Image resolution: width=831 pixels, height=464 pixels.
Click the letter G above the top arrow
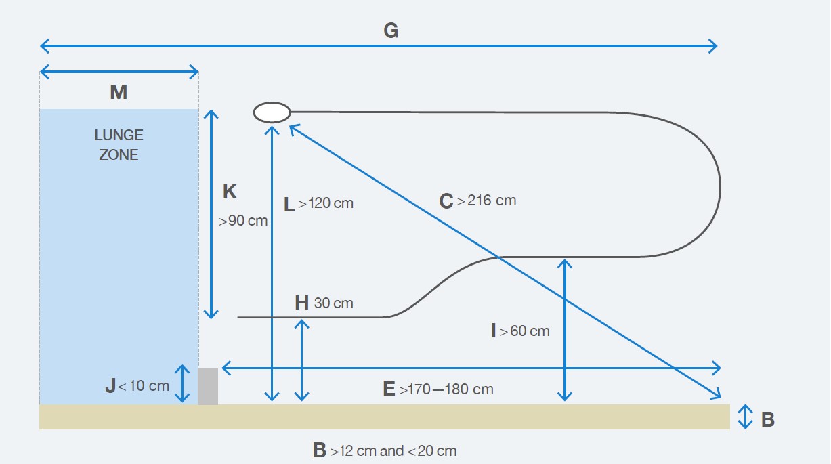(x=391, y=31)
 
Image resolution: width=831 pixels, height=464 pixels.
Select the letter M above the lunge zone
(x=119, y=92)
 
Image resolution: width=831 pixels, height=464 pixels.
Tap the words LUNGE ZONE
(x=119, y=145)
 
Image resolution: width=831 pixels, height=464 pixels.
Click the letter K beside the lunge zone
(x=230, y=192)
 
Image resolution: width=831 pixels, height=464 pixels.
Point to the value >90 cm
(x=243, y=220)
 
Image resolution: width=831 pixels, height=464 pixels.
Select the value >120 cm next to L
(x=326, y=203)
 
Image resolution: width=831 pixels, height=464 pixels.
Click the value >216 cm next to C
(x=486, y=201)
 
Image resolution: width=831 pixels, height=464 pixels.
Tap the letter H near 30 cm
(x=302, y=303)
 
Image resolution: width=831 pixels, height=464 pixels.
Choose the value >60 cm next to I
(x=525, y=331)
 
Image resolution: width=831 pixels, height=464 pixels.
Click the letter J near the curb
(x=110, y=386)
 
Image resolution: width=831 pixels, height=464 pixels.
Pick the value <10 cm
(x=144, y=386)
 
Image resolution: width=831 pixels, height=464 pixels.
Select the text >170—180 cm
(x=446, y=389)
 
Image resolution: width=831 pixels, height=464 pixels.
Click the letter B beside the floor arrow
(x=767, y=420)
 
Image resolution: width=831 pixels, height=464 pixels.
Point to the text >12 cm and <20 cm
(x=393, y=450)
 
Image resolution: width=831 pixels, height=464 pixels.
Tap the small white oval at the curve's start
(x=272, y=112)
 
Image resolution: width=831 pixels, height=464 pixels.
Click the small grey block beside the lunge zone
(x=208, y=387)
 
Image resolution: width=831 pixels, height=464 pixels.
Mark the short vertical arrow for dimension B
(x=745, y=417)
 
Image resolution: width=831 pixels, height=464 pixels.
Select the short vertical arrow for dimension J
(x=182, y=383)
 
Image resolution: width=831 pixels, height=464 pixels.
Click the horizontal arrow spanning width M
(x=119, y=71)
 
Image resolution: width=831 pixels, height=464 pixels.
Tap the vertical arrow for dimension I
(x=565, y=329)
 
